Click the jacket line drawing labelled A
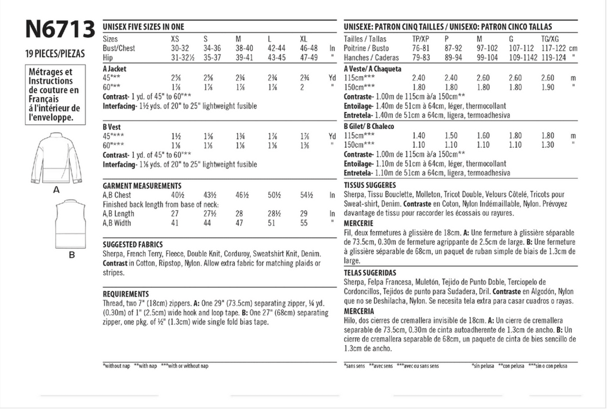[56, 159]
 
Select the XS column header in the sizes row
[176, 40]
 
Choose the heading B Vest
[112, 127]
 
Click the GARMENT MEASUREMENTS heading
[142, 185]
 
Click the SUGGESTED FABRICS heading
[133, 245]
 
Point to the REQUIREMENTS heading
[126, 293]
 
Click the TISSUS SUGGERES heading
[370, 185]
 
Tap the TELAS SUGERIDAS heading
[370, 272]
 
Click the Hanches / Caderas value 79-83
[421, 57]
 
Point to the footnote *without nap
[116, 366]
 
